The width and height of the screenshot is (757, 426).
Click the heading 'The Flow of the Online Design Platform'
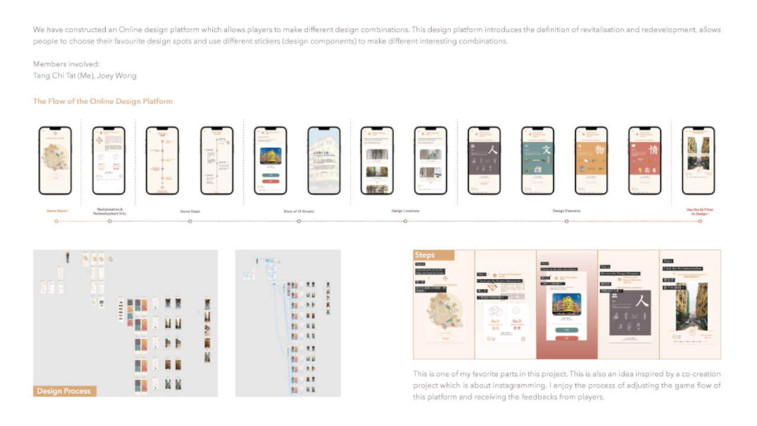(x=103, y=101)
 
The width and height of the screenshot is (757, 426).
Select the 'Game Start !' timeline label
(x=57, y=211)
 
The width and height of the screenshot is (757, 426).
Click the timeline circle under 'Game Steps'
(x=190, y=221)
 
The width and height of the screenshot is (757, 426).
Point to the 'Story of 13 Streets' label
(x=298, y=211)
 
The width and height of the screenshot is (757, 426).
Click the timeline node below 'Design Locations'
(x=405, y=221)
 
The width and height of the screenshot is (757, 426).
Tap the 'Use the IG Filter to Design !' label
(x=700, y=211)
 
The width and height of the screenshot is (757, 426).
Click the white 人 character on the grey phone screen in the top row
(x=493, y=150)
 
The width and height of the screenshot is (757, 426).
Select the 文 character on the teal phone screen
(x=546, y=150)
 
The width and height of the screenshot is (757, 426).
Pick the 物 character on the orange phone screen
(x=600, y=150)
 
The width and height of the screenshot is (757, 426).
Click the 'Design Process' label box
(x=64, y=391)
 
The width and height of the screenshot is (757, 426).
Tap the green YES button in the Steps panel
(x=567, y=330)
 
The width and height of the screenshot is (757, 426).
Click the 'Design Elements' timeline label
(x=566, y=211)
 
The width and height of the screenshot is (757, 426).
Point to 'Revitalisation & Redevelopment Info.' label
(x=109, y=211)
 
